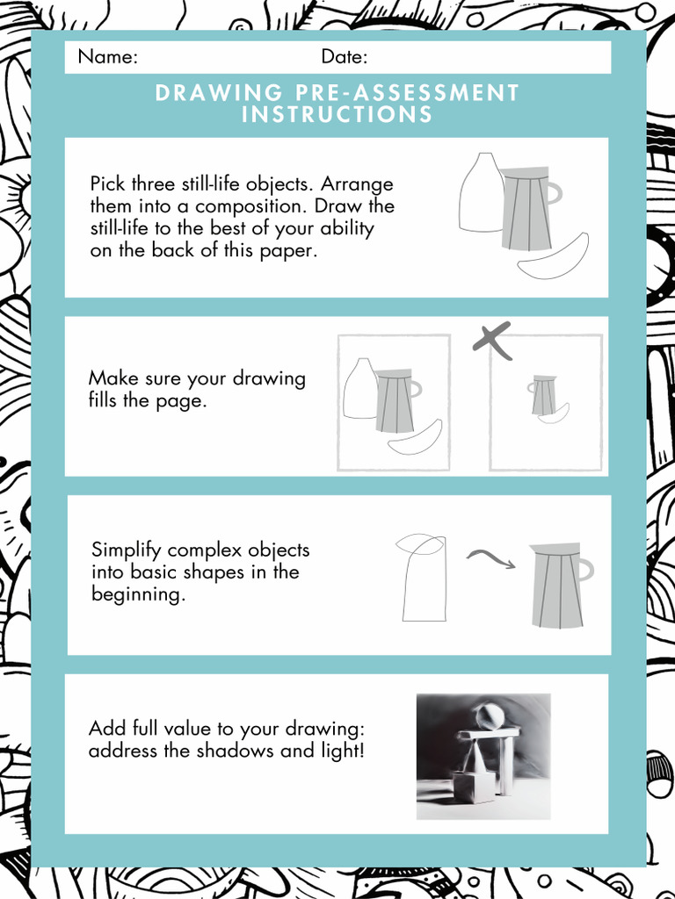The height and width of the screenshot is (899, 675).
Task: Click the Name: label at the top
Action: pos(107,57)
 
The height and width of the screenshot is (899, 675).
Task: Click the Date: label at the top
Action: pos(345,57)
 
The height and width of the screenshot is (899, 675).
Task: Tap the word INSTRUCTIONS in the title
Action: pos(337,114)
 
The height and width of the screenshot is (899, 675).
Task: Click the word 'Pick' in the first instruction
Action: pos(108,184)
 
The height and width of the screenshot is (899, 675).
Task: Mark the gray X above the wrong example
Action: pos(492,341)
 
